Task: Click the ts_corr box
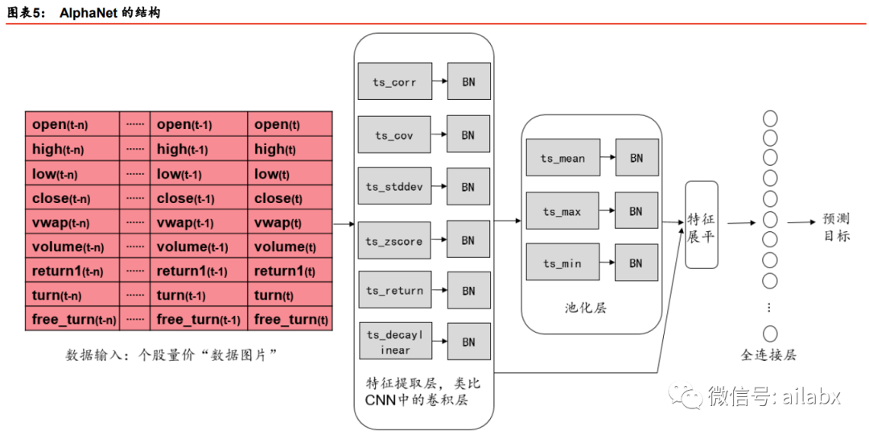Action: point(393,83)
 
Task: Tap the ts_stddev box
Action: point(393,187)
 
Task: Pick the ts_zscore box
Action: point(393,241)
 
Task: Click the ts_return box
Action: point(393,291)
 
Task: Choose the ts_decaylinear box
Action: point(395,342)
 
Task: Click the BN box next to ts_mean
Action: point(636,159)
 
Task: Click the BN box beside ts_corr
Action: point(468,83)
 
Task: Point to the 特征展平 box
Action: point(701,226)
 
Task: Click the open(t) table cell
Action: point(290,125)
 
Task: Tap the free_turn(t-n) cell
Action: point(72,320)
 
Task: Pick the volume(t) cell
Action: point(290,247)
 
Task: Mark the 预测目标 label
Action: point(836,227)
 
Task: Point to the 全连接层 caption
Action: point(768,355)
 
